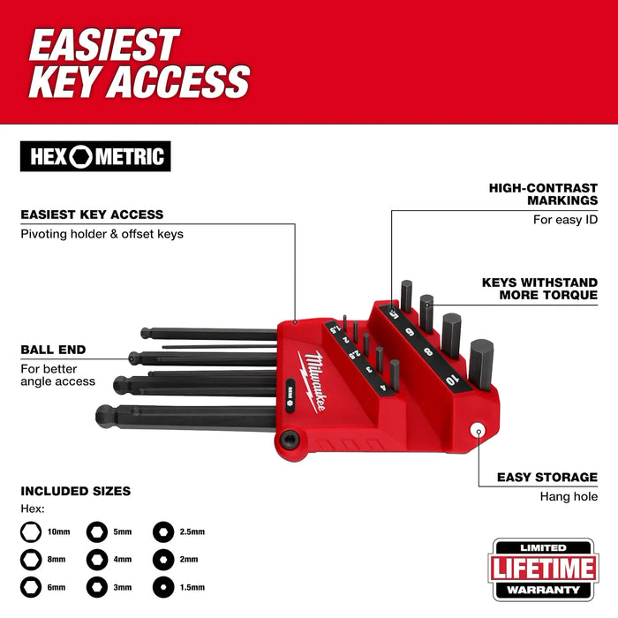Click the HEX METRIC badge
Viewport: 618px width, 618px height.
click(x=95, y=156)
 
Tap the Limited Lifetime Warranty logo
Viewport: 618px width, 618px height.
click(x=545, y=567)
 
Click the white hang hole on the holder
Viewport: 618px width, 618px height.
click(x=478, y=431)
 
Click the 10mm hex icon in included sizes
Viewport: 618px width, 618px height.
click(x=31, y=531)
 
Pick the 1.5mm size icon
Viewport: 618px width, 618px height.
click(x=162, y=586)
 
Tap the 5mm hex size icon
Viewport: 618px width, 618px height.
click(x=96, y=531)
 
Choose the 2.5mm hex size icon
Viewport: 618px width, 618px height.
click(x=162, y=531)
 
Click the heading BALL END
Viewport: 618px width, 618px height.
click(x=53, y=349)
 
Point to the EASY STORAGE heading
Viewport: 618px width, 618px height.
click(x=547, y=477)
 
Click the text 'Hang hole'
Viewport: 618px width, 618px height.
click(x=569, y=496)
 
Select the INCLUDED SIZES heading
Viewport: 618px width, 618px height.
click(x=75, y=490)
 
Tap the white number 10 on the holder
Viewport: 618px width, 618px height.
click(x=453, y=380)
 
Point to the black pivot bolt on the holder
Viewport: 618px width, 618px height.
click(x=290, y=438)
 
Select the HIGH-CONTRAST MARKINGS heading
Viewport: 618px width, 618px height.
click(x=543, y=194)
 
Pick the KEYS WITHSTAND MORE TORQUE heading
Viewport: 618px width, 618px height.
click(x=539, y=289)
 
